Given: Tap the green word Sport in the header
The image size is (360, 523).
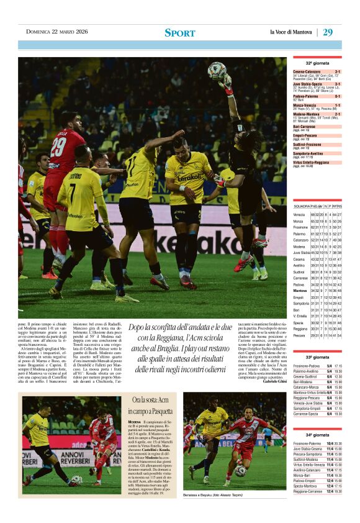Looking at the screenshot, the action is [179, 33].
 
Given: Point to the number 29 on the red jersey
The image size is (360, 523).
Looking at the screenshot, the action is [58, 147].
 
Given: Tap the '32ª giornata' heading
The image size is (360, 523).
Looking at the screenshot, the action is [317, 63].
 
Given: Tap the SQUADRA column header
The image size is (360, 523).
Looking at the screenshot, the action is [302, 206].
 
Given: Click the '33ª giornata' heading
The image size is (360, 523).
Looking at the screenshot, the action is [317, 357].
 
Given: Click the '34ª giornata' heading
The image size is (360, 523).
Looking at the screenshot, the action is [317, 435].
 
